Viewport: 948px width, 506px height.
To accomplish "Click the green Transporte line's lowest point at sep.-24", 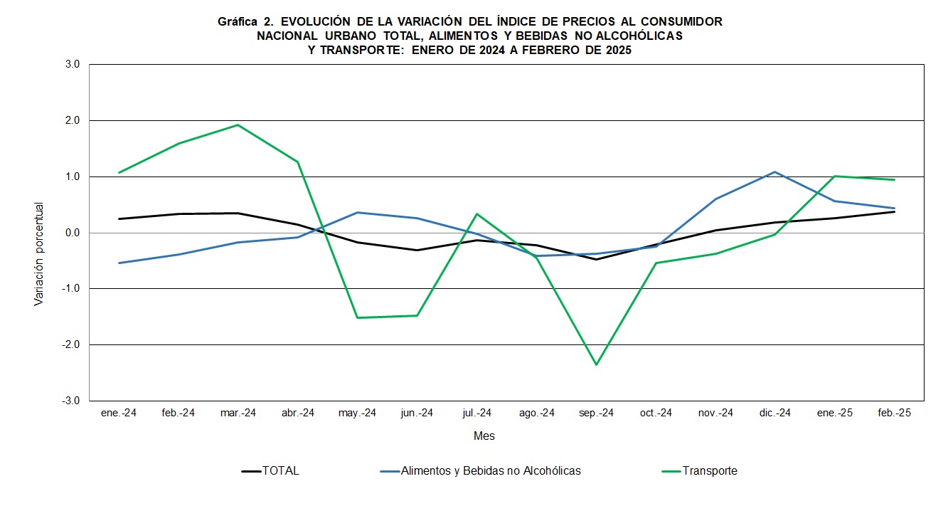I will click(x=596, y=365).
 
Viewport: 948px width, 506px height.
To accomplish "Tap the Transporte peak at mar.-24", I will click(x=238, y=125).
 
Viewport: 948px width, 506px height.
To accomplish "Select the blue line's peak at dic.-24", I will click(x=774, y=172).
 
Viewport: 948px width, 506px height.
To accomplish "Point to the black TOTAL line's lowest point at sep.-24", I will click(x=596, y=259).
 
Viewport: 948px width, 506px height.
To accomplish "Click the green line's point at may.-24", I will click(x=357, y=317).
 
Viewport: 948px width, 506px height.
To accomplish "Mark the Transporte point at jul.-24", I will click(x=476, y=214).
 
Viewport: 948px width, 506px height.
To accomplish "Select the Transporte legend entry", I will click(x=709, y=470).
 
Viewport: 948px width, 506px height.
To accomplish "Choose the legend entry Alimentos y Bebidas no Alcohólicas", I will click(x=490, y=470).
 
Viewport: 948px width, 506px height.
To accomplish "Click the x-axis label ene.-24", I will click(x=119, y=413).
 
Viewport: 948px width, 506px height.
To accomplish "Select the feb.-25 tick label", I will click(x=894, y=413).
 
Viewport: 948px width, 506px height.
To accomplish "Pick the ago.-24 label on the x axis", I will click(x=536, y=413).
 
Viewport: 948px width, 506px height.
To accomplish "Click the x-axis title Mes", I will click(x=484, y=436).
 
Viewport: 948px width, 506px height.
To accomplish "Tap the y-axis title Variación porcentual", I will click(x=39, y=254).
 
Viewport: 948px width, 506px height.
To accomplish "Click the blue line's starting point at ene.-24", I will click(x=119, y=263).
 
